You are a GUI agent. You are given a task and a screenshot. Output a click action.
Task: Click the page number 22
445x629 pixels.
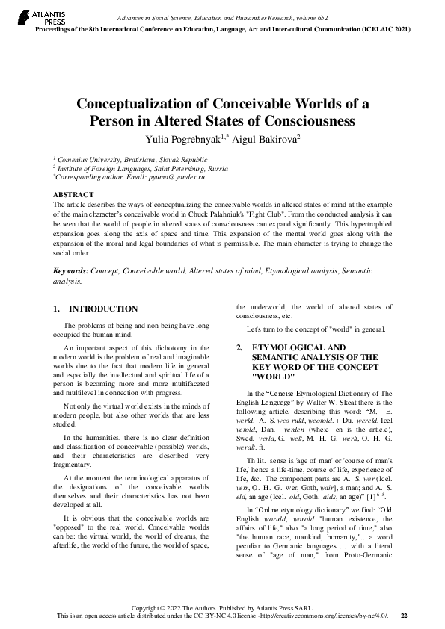(x=404, y=616)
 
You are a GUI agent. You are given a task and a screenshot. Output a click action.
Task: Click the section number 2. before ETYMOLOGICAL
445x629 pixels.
(x=239, y=348)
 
